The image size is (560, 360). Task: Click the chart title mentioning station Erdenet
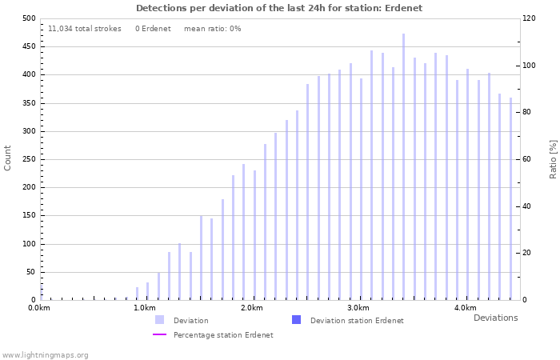[x=279, y=8]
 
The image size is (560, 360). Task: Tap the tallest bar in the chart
[x=403, y=166]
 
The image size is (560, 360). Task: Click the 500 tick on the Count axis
[x=28, y=18]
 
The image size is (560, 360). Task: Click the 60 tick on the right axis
[x=528, y=159]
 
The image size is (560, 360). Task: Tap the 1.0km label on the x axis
[x=145, y=308]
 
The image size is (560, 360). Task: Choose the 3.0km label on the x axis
[x=358, y=308]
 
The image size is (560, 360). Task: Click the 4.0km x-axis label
[x=465, y=308]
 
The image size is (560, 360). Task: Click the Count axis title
[x=8, y=158]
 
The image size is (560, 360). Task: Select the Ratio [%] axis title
[x=553, y=158]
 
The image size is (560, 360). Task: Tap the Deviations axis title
[x=495, y=318]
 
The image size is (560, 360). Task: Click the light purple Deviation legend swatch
[x=160, y=320]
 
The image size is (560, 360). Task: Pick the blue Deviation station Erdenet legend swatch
[x=296, y=320]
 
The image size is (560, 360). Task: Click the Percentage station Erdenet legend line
[x=160, y=334]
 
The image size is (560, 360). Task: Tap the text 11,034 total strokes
[x=85, y=29]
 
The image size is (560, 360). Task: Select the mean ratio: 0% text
[x=212, y=29]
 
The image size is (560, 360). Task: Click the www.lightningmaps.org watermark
[x=45, y=354]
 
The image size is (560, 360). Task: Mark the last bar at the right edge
[x=510, y=198]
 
